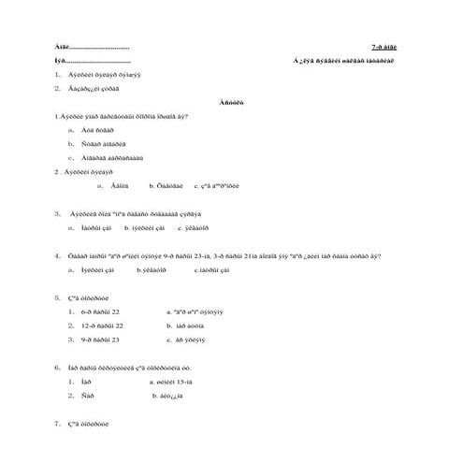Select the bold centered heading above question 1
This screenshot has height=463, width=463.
[231, 103]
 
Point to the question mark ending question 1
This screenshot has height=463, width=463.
[188, 117]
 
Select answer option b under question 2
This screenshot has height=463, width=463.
[166, 185]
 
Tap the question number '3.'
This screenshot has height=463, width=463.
[58, 213]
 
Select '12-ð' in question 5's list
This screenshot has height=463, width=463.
[91, 326]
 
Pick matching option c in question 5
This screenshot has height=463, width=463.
[188, 340]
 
